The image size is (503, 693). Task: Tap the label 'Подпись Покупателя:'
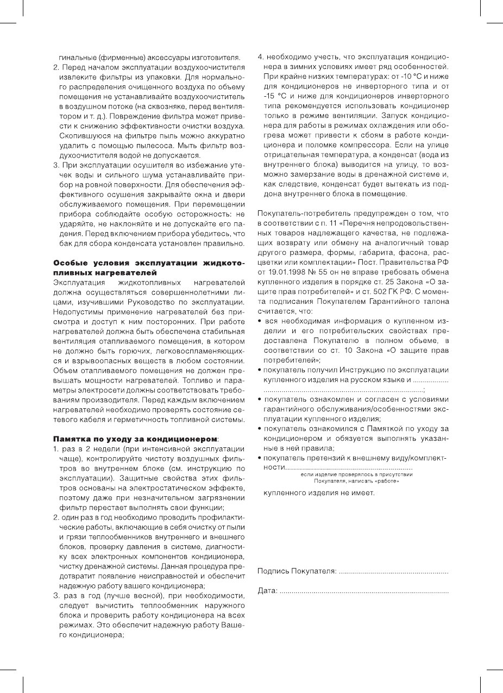(x=297, y=572)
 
